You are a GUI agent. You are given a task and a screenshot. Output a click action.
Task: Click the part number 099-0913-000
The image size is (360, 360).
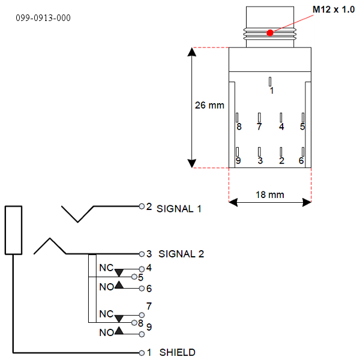[43, 18]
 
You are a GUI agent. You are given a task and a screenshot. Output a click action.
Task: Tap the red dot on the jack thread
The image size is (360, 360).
[270, 32]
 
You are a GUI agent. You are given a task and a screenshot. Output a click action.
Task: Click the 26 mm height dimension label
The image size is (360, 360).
[209, 105]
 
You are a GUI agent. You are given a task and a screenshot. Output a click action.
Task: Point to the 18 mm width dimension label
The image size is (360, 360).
[269, 194]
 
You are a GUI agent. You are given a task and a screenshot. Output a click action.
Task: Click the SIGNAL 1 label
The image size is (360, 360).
[179, 209]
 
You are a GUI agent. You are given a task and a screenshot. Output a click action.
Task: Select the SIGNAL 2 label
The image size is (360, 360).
[180, 254]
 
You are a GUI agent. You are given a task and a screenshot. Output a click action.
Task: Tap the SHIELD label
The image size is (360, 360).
[177, 352]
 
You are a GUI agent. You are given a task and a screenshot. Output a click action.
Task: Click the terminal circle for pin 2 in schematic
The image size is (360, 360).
[142, 206]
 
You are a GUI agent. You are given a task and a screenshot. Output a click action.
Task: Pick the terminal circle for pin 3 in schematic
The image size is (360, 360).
[142, 253]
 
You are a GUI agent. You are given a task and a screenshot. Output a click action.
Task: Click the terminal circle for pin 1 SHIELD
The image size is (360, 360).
[142, 352]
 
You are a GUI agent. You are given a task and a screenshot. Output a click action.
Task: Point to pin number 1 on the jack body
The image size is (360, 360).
[271, 91]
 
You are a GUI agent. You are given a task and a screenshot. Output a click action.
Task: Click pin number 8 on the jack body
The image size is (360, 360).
[239, 127]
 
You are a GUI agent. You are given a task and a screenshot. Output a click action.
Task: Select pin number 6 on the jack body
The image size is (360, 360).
[301, 161]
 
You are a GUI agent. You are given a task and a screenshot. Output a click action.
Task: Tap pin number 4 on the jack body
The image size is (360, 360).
[281, 127]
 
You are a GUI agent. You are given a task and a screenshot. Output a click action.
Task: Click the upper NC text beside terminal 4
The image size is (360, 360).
[106, 268]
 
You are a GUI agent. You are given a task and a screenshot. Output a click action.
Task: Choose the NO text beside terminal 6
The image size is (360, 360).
[106, 287]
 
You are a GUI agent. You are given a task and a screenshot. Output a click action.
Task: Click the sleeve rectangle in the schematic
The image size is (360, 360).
[14, 230]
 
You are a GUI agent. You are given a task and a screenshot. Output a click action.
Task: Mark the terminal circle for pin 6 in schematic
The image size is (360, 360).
[142, 288]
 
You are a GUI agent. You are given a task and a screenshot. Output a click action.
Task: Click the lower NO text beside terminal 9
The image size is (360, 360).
[106, 332]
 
